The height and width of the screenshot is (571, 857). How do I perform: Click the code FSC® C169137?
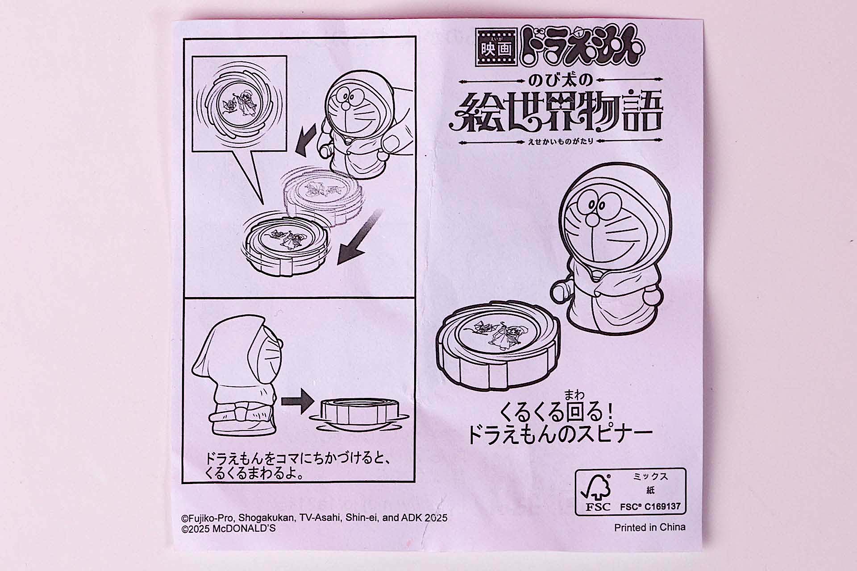[x=650, y=507]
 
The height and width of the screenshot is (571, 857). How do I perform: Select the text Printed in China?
[x=649, y=527]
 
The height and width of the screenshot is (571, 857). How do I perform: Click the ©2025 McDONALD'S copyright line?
[x=229, y=529]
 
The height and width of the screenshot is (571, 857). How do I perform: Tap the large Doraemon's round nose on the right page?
[x=593, y=219]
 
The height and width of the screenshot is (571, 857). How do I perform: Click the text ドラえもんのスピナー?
[x=560, y=435]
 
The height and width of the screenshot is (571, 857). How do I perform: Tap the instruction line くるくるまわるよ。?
[x=254, y=473]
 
